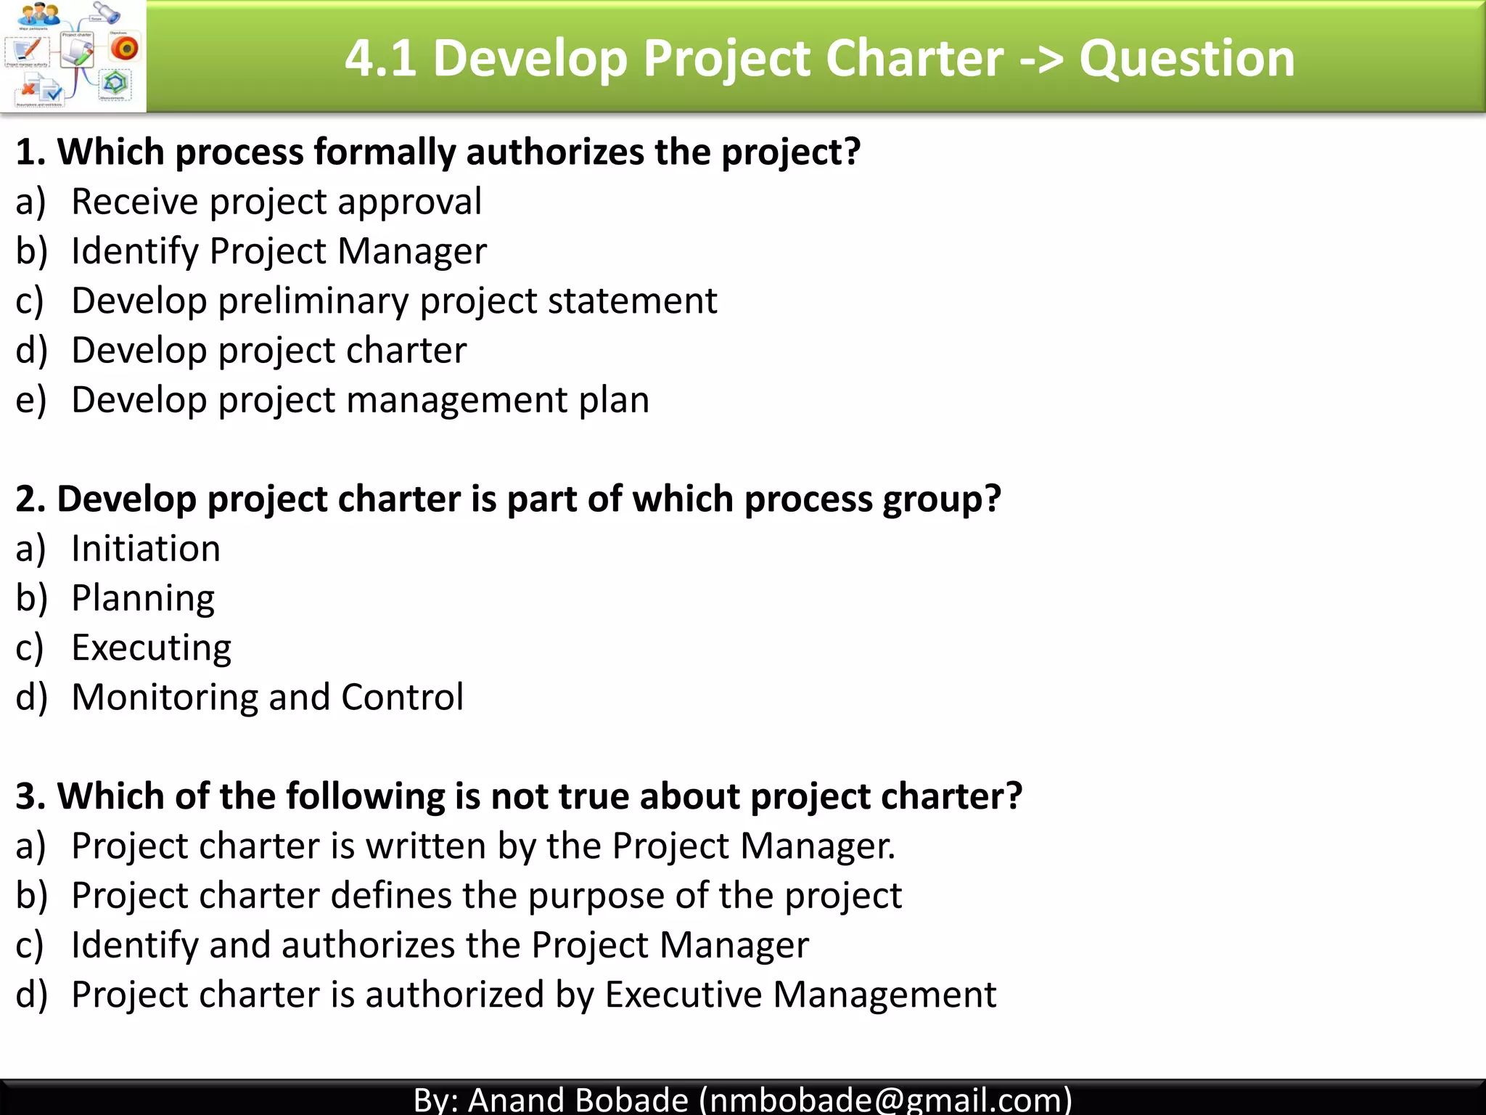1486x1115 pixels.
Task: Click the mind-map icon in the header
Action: point(73,56)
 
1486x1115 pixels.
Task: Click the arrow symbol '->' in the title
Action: point(1040,58)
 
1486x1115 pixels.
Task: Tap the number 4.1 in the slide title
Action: point(380,58)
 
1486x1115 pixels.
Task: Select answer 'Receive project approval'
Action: point(276,201)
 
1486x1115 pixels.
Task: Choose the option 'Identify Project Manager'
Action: point(279,251)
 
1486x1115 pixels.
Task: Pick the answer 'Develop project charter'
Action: point(268,350)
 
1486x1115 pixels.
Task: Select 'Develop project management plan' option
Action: point(360,400)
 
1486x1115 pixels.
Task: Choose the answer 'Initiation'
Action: point(145,548)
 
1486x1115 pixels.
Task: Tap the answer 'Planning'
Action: point(143,598)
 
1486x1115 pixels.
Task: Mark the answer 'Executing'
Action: point(151,648)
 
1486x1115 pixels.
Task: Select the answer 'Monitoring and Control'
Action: point(267,697)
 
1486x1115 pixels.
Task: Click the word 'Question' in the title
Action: point(1186,58)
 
